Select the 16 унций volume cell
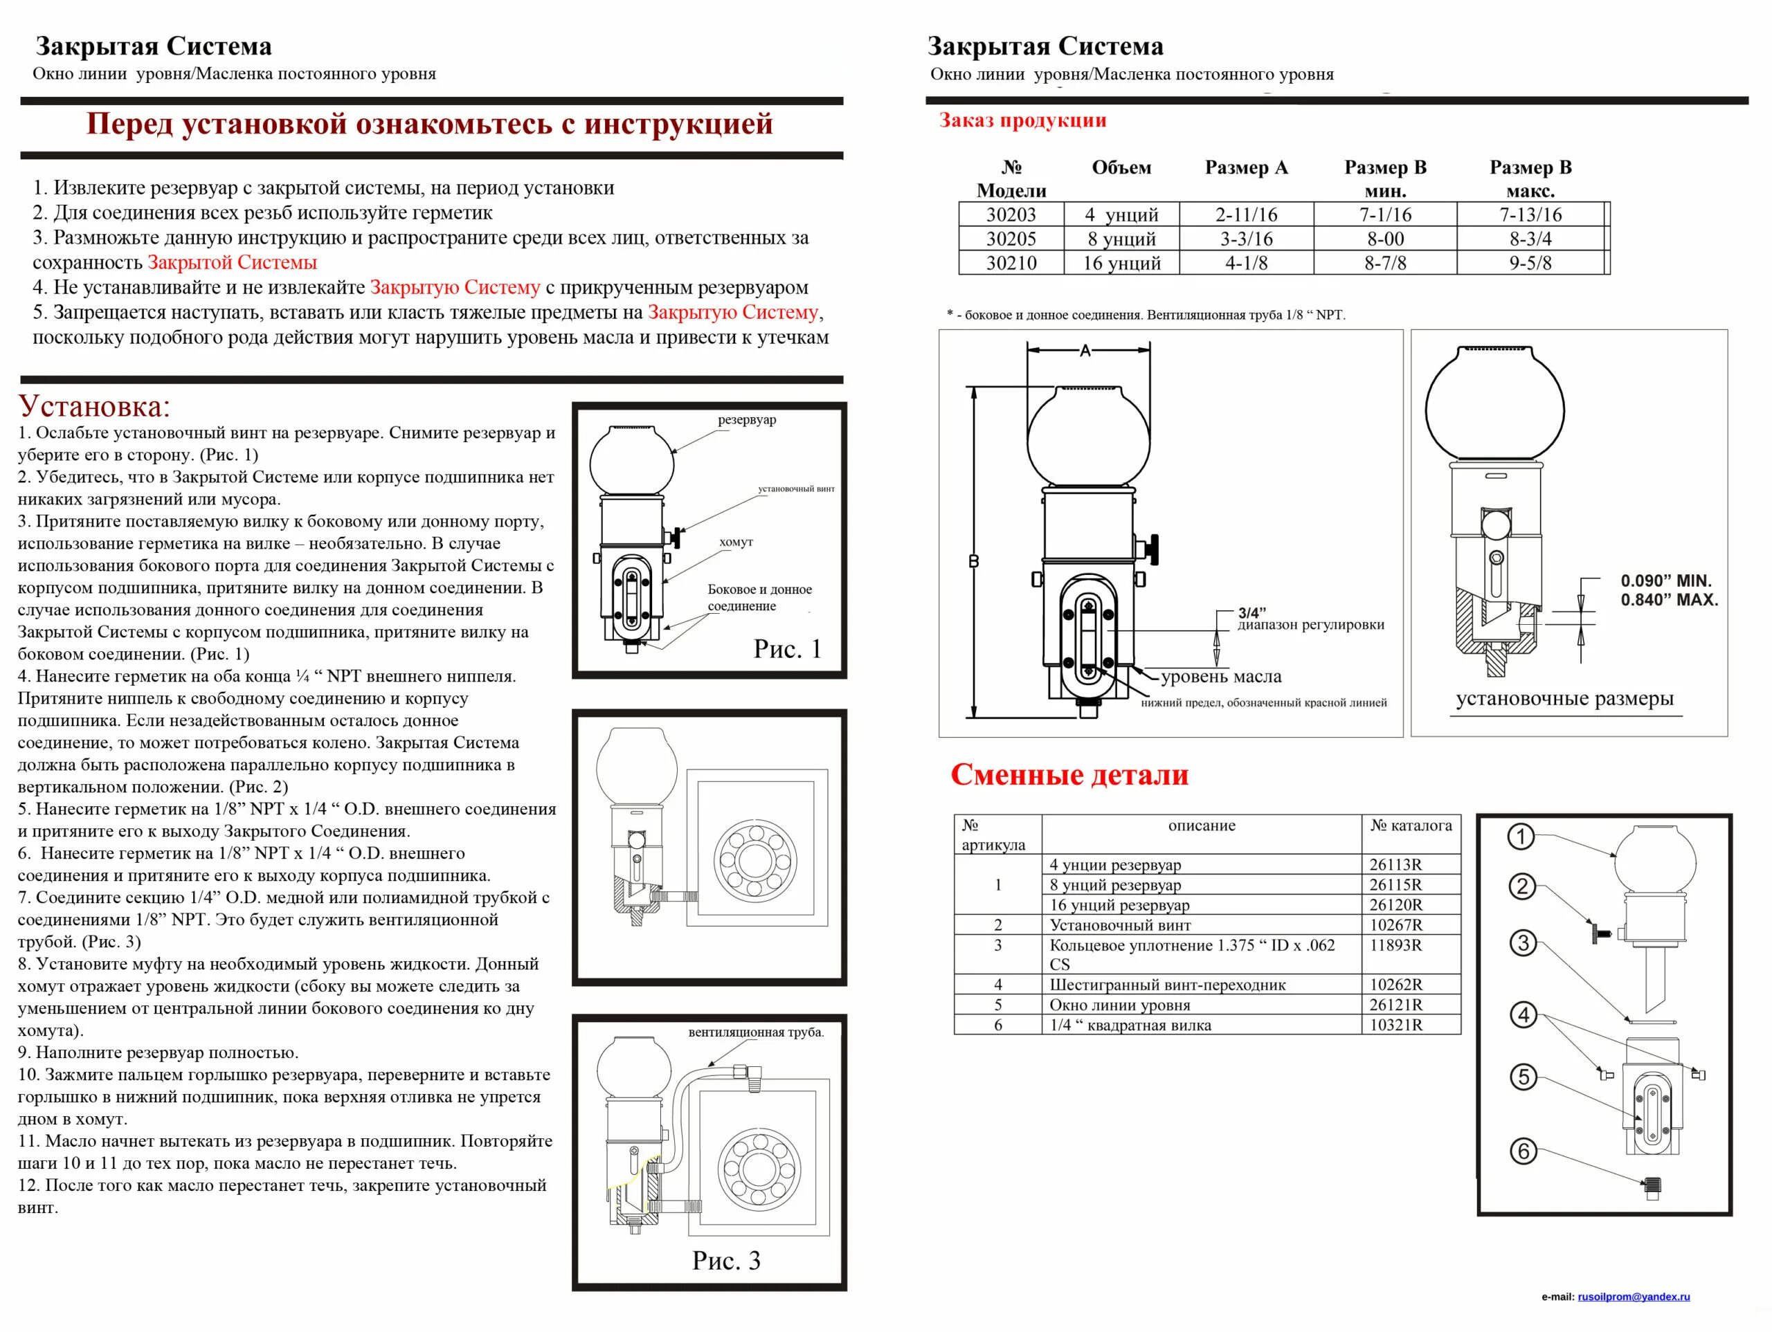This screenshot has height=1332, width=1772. (x=1121, y=263)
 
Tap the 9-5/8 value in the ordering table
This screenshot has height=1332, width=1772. (x=1529, y=263)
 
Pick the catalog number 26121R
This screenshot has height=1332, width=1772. (x=1395, y=1005)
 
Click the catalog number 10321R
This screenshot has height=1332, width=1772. (x=1395, y=1025)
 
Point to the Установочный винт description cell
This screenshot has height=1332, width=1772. (x=1119, y=924)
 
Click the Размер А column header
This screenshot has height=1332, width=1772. (x=1246, y=167)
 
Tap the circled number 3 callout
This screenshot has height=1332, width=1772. (x=1523, y=942)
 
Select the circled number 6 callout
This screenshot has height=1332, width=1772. (x=1523, y=1151)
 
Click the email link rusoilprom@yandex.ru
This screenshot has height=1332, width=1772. (x=1634, y=1296)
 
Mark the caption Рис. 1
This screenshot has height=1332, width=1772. (x=788, y=649)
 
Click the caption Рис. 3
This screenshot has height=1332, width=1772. (x=726, y=1261)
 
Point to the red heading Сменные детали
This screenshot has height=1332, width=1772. (x=1069, y=774)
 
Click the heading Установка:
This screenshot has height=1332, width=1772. (x=95, y=407)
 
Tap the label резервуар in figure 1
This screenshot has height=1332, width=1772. (x=747, y=420)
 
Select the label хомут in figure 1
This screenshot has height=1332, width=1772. (x=735, y=542)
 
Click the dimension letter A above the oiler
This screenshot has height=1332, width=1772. (x=1085, y=351)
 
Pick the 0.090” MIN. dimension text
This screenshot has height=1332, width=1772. (x=1665, y=581)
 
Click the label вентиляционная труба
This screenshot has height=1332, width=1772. (x=755, y=1032)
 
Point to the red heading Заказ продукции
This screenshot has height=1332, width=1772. (x=1022, y=120)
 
